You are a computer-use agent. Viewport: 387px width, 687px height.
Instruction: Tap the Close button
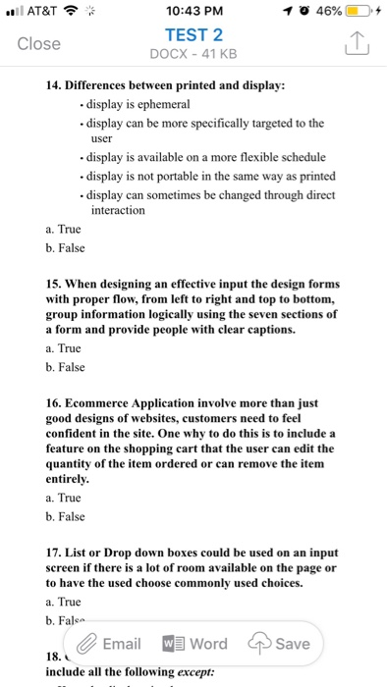click(x=39, y=44)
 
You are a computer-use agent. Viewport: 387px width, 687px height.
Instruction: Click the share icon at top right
click(x=355, y=44)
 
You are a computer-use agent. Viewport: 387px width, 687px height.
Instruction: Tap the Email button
click(x=108, y=644)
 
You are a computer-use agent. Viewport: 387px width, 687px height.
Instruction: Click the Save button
click(x=283, y=644)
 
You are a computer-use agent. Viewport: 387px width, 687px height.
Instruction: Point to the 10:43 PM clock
click(x=193, y=12)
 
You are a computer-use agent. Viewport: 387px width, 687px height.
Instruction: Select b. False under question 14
click(x=66, y=251)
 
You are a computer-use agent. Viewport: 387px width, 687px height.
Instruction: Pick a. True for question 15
click(x=64, y=347)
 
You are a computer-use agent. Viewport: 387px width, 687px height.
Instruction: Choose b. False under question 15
click(x=66, y=367)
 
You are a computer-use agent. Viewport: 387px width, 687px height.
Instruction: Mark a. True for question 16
click(x=64, y=498)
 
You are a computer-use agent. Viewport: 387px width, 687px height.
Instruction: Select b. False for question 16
click(x=66, y=516)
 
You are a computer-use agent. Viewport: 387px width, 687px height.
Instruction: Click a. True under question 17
click(x=64, y=601)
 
